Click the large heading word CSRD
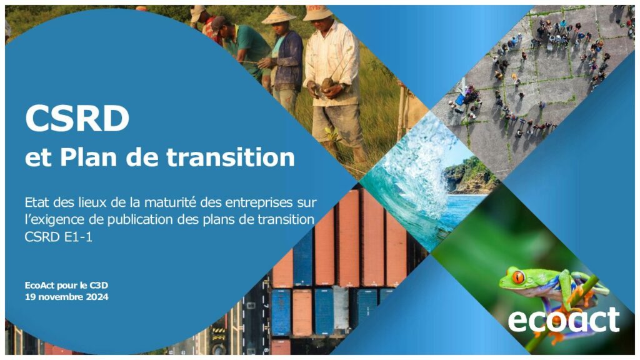click(77, 118)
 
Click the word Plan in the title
click(89, 157)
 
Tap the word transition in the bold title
click(231, 157)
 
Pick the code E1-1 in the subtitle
click(78, 237)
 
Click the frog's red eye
click(518, 277)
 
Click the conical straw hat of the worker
click(279, 16)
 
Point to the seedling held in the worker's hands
click(327, 84)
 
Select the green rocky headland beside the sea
click(470, 176)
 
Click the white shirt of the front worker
click(331, 61)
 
